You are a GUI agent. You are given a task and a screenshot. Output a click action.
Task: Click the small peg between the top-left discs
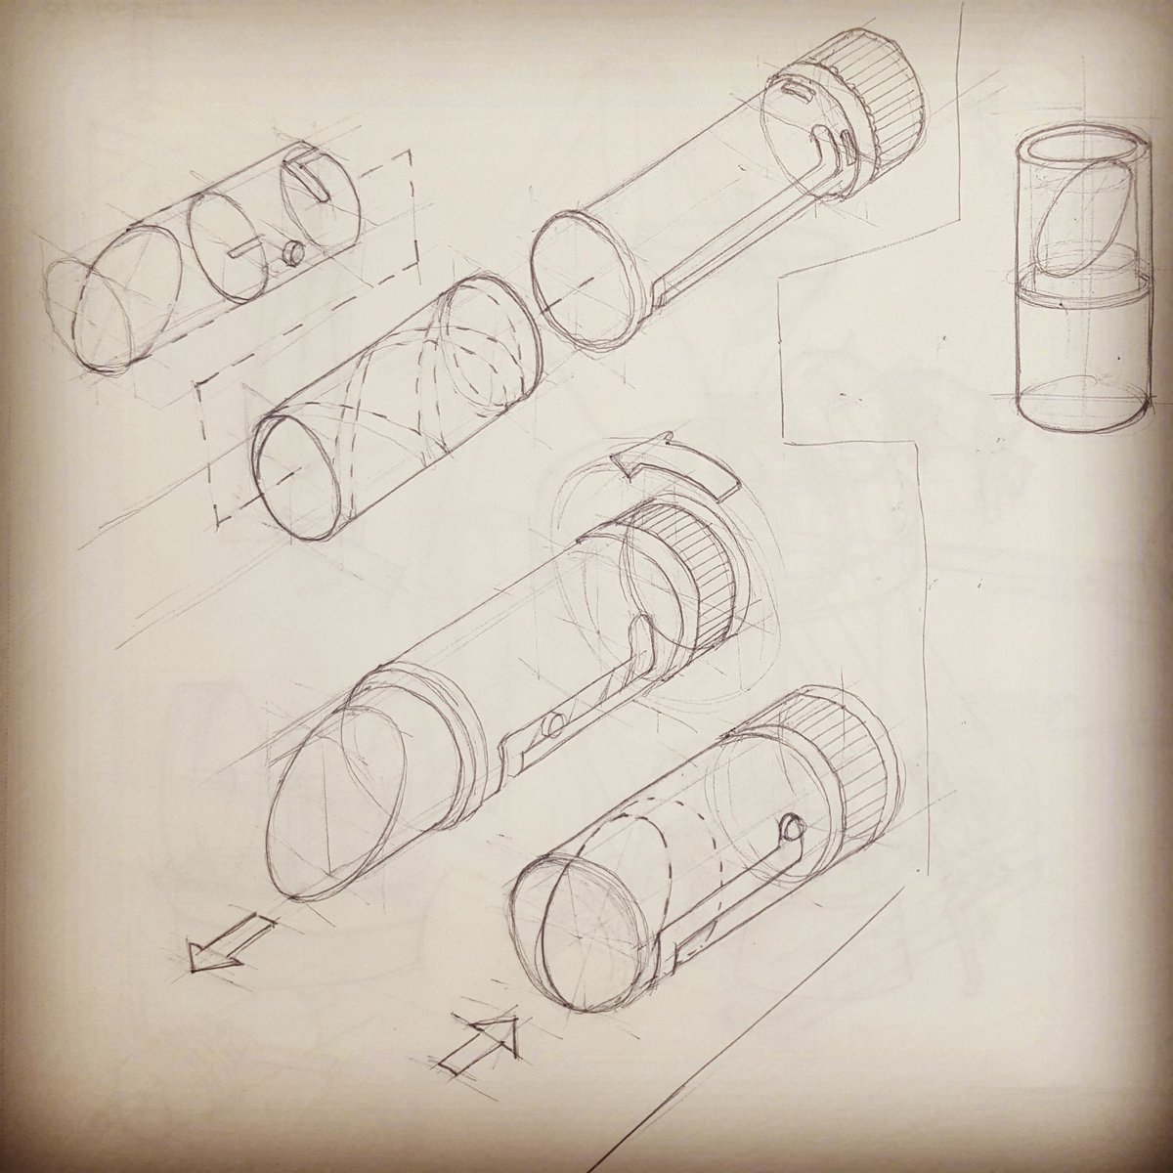pyautogui.click(x=289, y=253)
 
